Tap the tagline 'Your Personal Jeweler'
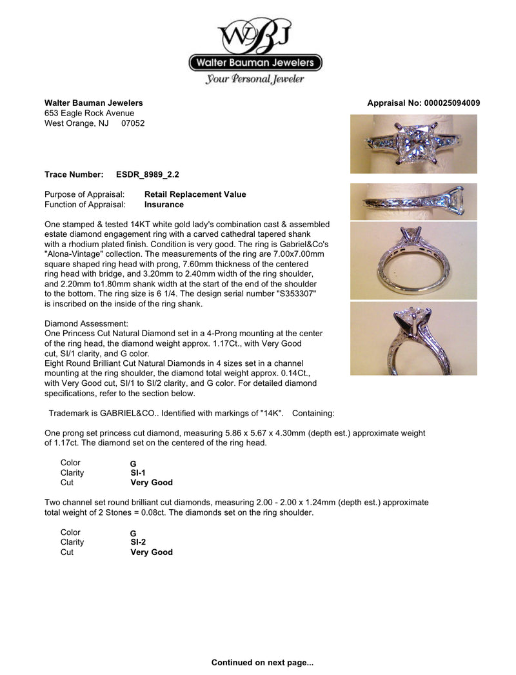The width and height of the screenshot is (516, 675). [x=255, y=79]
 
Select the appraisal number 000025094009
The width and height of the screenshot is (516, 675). [x=451, y=103]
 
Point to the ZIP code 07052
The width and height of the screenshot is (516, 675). [x=133, y=123]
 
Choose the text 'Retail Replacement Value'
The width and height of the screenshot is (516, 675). [x=195, y=194]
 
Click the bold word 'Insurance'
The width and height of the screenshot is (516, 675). [x=164, y=205]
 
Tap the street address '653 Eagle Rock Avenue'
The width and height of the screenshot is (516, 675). [x=89, y=113]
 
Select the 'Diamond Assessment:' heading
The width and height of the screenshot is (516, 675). [x=86, y=323]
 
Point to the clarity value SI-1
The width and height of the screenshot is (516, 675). [x=138, y=473]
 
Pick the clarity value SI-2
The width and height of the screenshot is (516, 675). [x=138, y=543]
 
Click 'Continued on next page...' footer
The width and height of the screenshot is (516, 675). [x=262, y=662]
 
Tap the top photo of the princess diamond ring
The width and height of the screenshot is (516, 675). [x=413, y=144]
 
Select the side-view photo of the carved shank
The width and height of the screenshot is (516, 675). [x=413, y=201]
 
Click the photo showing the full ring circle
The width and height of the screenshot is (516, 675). [x=413, y=261]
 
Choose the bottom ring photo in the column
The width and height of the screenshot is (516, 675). [x=413, y=339]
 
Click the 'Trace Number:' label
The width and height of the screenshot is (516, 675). [x=74, y=175]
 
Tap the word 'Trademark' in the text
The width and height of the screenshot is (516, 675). [x=69, y=412]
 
